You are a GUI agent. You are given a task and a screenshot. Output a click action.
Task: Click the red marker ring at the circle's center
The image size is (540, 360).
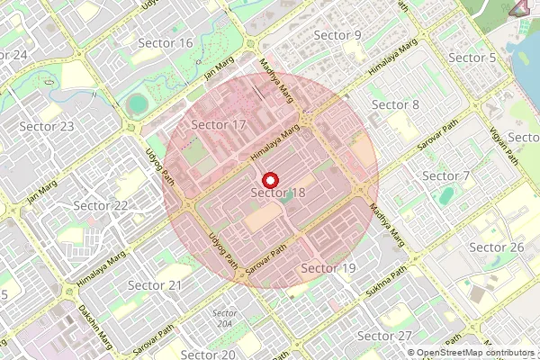[x=271, y=179]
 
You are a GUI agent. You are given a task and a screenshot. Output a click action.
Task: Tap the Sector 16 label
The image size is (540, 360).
[x=166, y=43]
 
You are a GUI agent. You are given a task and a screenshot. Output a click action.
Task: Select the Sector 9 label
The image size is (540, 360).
[x=337, y=35]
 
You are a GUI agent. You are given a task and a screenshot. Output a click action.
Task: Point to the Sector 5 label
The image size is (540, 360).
[x=472, y=58]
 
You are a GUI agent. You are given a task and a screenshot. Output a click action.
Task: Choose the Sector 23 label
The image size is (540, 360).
[x=46, y=126]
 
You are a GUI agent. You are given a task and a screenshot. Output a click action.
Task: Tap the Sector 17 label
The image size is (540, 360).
[x=219, y=124]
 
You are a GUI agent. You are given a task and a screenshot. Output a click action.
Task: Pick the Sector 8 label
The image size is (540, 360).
[x=395, y=104]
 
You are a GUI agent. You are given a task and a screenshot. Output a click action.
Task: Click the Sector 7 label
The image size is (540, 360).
[x=446, y=175]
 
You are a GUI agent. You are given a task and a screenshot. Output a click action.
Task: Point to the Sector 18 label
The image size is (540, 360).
[x=278, y=193]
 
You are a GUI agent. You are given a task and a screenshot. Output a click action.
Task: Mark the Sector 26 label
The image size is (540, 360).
[x=497, y=247]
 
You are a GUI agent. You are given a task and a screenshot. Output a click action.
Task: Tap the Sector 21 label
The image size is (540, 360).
[x=155, y=285]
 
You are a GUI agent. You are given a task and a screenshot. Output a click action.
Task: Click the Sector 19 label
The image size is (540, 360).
[x=328, y=268]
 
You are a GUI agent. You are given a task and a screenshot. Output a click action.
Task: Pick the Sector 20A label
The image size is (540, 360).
[x=225, y=318]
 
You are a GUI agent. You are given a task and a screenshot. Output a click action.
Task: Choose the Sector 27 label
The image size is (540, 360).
[x=384, y=336]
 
